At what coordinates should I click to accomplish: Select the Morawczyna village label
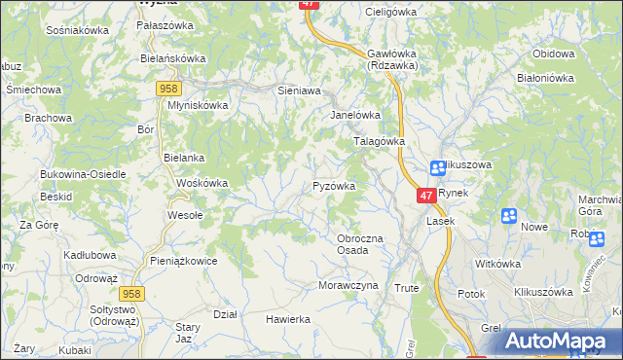pos(347,285)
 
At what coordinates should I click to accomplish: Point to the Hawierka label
pos(288,319)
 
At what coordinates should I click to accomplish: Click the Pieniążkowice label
pos(183,261)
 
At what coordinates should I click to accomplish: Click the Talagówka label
pos(378,141)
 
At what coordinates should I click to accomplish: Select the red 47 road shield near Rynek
pos(427,196)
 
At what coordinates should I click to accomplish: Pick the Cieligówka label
pos(390,12)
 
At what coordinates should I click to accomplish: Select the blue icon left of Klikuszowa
pos(438,167)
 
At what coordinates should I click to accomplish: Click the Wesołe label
pos(185,215)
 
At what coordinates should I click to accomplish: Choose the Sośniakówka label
pos(77,30)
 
